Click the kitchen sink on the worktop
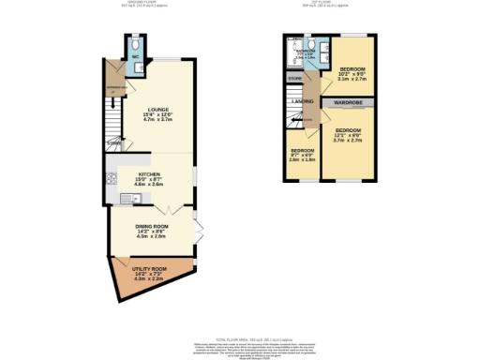(127, 197)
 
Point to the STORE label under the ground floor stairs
(113, 143)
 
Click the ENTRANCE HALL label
(115, 90)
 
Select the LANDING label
(302, 100)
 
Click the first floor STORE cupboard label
(295, 79)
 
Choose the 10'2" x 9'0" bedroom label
(352, 70)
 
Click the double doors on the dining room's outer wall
(199, 230)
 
